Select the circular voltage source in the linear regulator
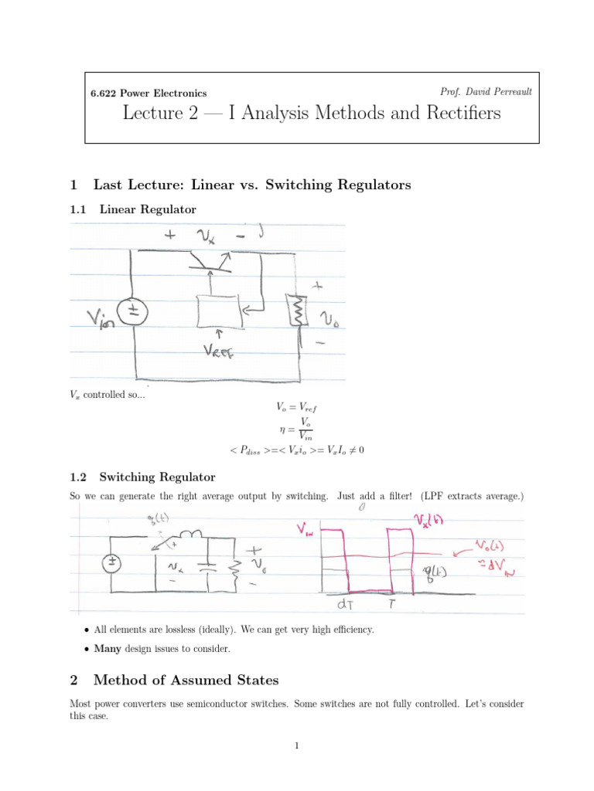(133, 311)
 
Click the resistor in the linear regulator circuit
(295, 310)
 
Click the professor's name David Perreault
(486, 92)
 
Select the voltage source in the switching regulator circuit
(111, 563)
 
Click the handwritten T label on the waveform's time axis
(392, 603)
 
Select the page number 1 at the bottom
(296, 745)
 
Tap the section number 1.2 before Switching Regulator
(79, 477)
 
